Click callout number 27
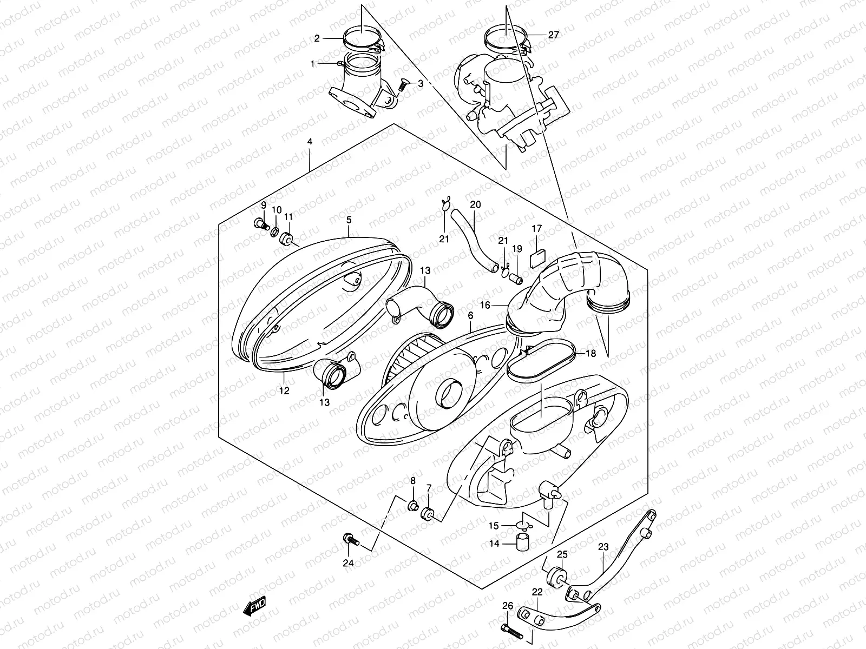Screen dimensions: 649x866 (x=553, y=35)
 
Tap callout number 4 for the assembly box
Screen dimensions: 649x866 (x=310, y=142)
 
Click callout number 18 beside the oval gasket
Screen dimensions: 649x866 (x=591, y=354)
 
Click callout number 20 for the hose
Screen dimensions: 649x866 (x=475, y=204)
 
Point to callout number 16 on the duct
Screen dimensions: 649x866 (x=485, y=305)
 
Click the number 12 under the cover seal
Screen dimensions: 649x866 (x=284, y=390)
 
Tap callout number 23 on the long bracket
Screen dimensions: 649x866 (x=603, y=547)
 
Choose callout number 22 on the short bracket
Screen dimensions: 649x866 (x=537, y=593)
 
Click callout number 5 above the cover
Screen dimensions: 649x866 (x=349, y=220)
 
